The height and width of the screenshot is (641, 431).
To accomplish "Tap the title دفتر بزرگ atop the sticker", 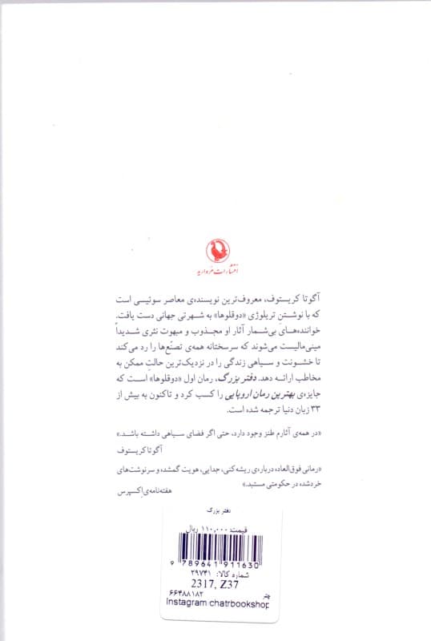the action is click(215, 510).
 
